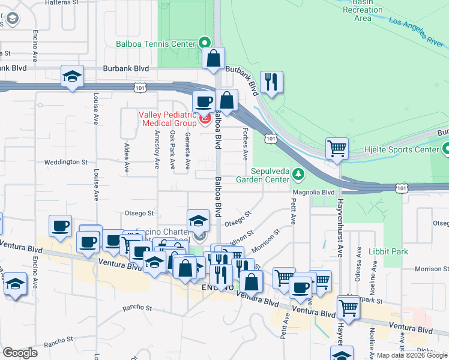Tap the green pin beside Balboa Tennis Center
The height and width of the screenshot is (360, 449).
(204, 43)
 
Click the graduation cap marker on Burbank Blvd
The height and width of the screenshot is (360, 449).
(72, 76)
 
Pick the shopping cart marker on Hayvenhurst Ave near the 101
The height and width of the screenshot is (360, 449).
(337, 148)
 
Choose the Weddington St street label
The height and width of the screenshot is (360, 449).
(67, 162)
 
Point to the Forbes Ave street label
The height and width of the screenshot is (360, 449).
(245, 144)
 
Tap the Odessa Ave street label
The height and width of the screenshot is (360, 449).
(359, 259)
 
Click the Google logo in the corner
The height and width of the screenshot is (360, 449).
(20, 353)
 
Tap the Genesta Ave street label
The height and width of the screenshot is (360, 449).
(188, 149)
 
